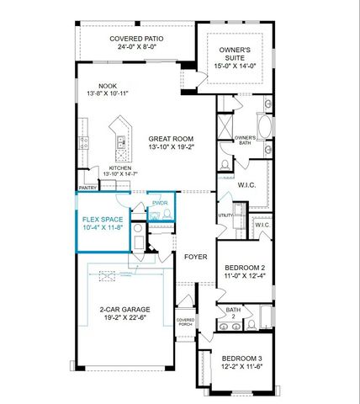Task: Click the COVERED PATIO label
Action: coord(135,39)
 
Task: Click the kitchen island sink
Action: coord(120,141)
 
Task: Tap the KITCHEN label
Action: coord(121,167)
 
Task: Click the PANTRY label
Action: coord(87,188)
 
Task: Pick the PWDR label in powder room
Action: coord(160,202)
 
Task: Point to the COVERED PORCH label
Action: coord(185,322)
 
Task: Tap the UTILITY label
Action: coord(224,215)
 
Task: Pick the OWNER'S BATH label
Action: coord(244,140)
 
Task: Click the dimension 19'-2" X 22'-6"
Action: coord(124,318)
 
